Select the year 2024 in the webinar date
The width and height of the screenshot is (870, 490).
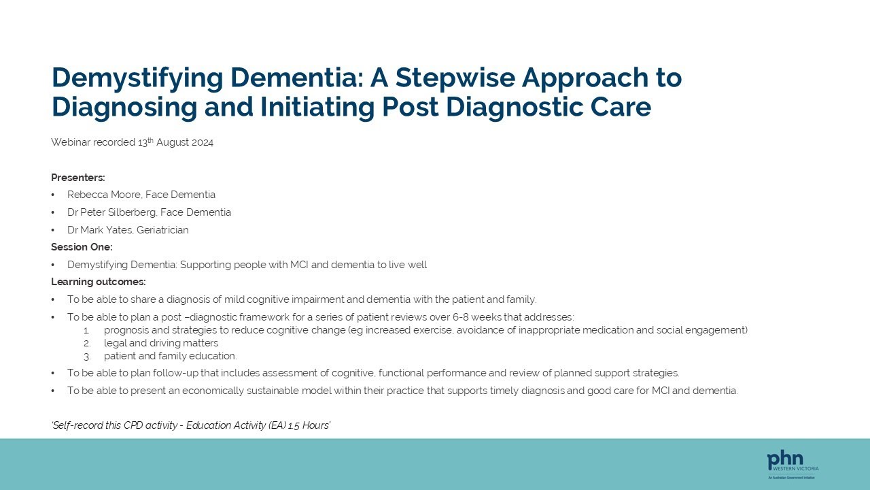point(202,143)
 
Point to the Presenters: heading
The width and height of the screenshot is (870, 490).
point(78,178)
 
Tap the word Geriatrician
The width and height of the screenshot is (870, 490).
point(162,230)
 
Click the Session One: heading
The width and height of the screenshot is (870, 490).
point(82,247)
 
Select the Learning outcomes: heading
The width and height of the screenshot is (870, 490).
point(99,282)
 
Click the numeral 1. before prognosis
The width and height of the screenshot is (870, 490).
point(87,330)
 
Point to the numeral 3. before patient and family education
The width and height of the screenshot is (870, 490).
point(87,356)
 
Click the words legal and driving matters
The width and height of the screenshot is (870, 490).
point(161,343)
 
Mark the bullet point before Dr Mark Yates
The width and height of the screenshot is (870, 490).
point(54,230)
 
